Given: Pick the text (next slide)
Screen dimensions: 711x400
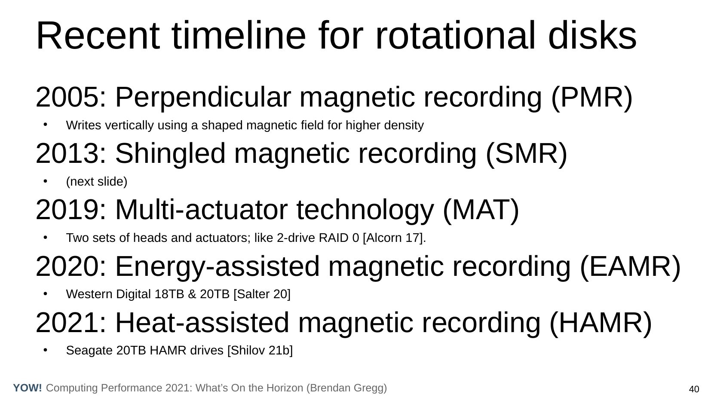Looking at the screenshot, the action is point(96,182).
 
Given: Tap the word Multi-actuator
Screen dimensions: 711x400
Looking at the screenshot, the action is point(202,210).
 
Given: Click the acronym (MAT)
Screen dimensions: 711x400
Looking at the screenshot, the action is point(481,210).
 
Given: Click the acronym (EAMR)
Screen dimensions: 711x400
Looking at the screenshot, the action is point(630,267).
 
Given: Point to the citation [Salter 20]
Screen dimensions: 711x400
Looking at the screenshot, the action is point(262,294).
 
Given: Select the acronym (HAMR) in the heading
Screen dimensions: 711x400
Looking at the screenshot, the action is point(601,323).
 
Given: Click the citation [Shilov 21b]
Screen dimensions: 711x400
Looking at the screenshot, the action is point(260,351).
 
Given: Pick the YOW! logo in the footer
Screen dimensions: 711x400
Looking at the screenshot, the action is point(28,388).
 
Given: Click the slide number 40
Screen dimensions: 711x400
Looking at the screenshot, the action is point(694,389).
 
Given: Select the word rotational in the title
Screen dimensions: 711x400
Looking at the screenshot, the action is point(455,36).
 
